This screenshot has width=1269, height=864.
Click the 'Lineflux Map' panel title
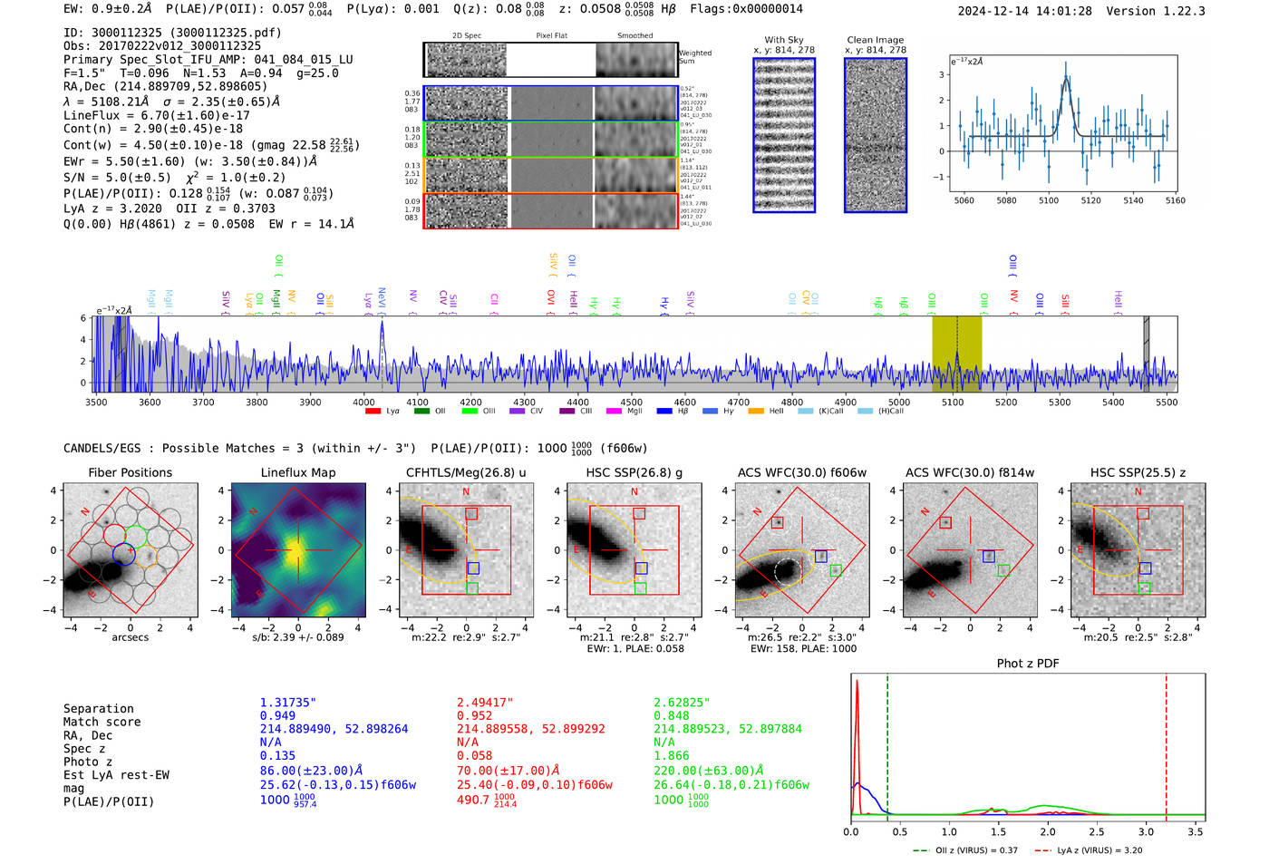tap(297, 472)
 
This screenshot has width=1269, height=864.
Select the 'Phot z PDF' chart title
tap(1028, 664)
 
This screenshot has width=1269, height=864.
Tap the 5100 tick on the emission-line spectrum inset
tap(1049, 200)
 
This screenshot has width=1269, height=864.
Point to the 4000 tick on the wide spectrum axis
tap(363, 403)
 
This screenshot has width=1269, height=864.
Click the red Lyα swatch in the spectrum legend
tap(373, 412)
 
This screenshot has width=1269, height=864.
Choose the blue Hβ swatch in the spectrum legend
tap(664, 412)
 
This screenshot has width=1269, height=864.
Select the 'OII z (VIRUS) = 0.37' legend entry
tap(965, 850)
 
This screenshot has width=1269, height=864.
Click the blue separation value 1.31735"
tap(287, 703)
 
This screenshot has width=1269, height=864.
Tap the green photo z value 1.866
tap(672, 755)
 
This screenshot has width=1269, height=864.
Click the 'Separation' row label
tap(98, 709)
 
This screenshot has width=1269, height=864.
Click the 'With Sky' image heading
tap(783, 40)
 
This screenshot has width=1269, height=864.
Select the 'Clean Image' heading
tap(875, 40)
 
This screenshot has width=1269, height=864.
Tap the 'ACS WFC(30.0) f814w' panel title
tap(969, 472)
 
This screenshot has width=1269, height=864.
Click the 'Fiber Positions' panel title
tap(130, 472)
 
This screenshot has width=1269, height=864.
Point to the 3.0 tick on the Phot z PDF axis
tap(1147, 831)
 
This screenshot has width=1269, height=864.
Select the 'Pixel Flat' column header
tap(551, 35)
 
